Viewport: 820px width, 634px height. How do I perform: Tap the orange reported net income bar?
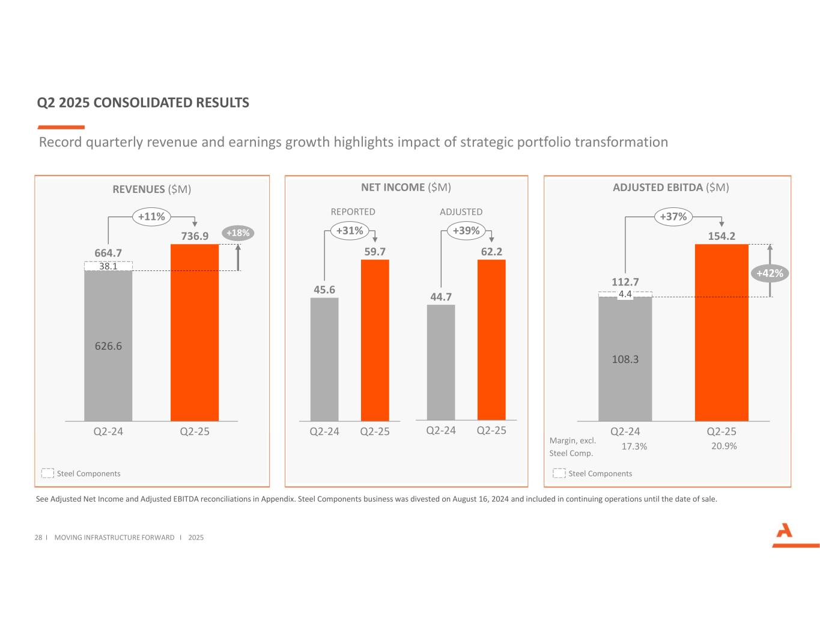[375, 340]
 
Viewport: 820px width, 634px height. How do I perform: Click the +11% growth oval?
[151, 216]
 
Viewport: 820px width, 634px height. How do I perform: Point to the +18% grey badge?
[238, 233]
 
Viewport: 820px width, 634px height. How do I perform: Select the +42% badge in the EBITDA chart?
[770, 273]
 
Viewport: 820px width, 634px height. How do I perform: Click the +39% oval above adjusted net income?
[466, 230]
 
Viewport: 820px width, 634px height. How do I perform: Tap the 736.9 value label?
[195, 236]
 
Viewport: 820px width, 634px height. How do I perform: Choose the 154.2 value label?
[721, 236]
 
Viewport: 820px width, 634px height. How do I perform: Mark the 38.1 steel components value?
[108, 266]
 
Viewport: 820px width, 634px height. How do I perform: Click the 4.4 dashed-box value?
[625, 294]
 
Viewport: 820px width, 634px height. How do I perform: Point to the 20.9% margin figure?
[724, 446]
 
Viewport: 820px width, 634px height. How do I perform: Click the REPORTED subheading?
[353, 212]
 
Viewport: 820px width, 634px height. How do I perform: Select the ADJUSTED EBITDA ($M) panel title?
[670, 187]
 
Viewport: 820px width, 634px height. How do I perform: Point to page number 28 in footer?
[38, 537]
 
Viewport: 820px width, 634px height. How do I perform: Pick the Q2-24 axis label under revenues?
[108, 431]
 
